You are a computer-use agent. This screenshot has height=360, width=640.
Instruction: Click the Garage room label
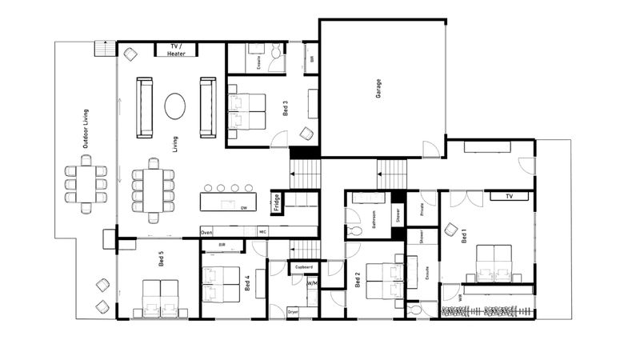(x=378, y=87)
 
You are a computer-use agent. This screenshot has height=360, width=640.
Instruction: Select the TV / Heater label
(x=177, y=50)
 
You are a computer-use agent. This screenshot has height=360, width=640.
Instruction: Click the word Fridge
(x=276, y=202)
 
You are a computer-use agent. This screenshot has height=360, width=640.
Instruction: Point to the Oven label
(x=206, y=232)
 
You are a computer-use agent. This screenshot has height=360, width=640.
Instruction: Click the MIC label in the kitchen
(x=262, y=232)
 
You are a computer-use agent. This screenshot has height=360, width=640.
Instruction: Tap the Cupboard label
(x=303, y=266)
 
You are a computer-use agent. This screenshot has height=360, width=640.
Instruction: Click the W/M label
(x=312, y=282)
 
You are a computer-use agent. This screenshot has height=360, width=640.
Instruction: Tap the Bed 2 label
(x=357, y=280)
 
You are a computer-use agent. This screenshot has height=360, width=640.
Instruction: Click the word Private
(x=422, y=210)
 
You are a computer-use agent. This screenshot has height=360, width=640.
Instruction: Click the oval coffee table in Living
(x=175, y=106)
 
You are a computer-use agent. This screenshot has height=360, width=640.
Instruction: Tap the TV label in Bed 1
(x=506, y=196)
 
